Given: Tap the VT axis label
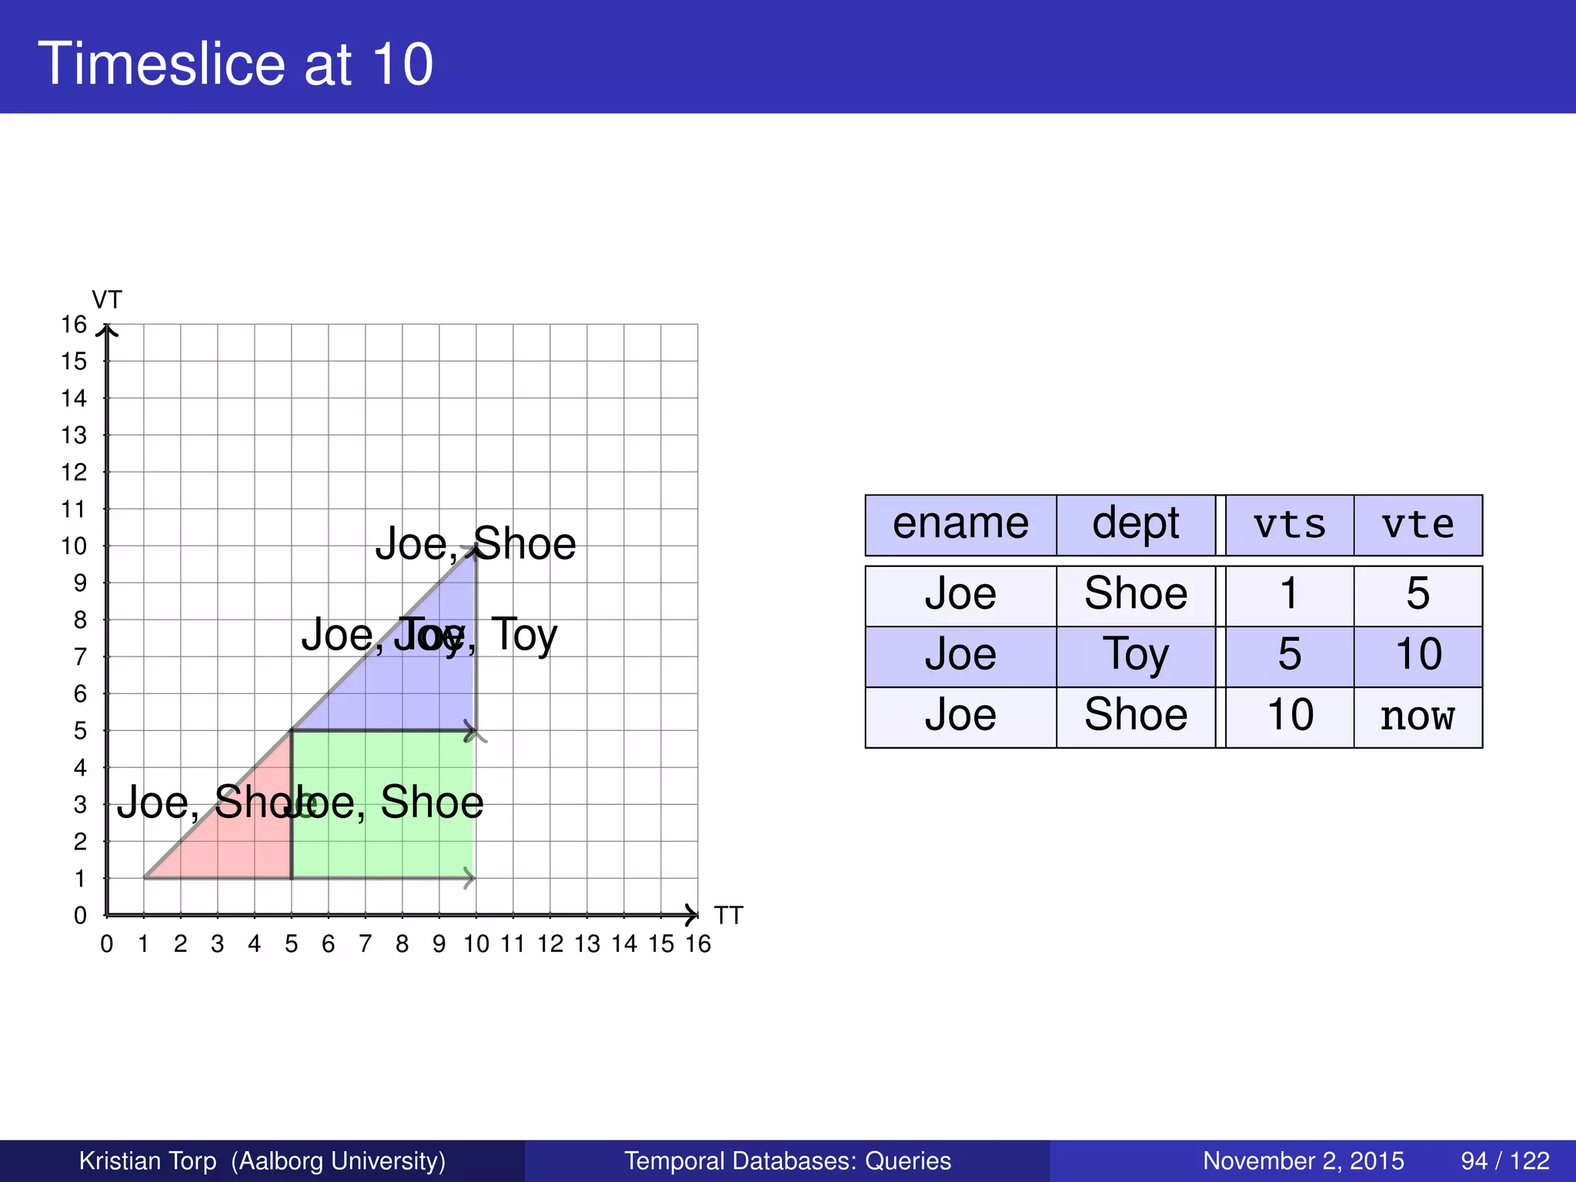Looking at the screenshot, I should [x=107, y=299].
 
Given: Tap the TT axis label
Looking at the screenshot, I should [x=728, y=916].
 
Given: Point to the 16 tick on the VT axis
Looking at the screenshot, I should [x=74, y=325].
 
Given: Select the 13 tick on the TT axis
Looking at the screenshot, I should [x=587, y=944].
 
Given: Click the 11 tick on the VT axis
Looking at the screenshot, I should [x=74, y=509].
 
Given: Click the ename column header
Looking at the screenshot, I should [x=960, y=525].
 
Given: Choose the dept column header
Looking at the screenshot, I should [x=1135, y=525].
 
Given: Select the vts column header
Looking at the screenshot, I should [x=1289, y=525].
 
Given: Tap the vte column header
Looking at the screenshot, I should [x=1417, y=525].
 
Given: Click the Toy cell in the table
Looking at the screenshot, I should [x=1135, y=656].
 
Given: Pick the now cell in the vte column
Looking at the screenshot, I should [x=1417, y=716].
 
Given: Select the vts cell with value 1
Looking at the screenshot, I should [x=1289, y=595].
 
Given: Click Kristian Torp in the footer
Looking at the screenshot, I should [x=148, y=1160].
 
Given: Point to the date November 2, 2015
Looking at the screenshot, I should [x=1303, y=1160].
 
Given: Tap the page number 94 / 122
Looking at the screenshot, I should [x=1504, y=1160].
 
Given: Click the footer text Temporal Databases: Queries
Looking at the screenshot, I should [x=787, y=1160].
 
